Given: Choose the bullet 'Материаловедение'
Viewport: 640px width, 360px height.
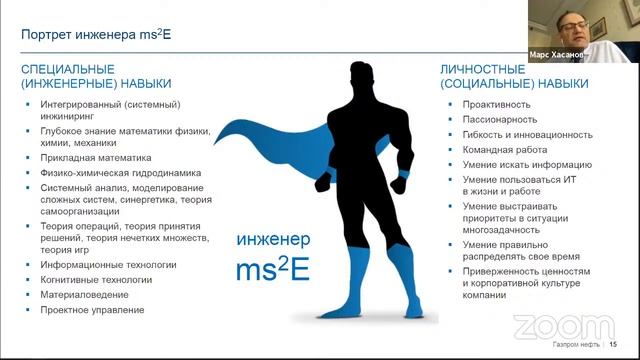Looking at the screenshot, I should pyautogui.click(x=85, y=295).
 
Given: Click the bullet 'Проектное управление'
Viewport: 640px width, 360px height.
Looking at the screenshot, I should pyautogui.click(x=93, y=310).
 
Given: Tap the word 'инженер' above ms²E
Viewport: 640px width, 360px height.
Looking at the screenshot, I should pyautogui.click(x=274, y=240).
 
